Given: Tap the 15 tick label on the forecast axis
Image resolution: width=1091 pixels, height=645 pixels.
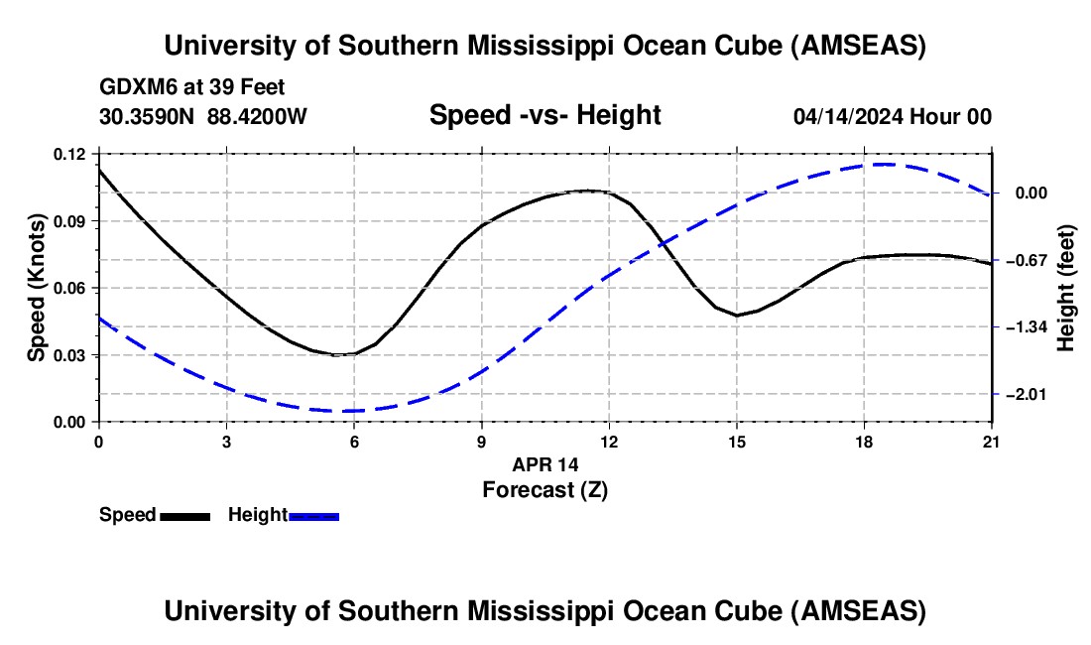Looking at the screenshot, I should click(x=737, y=443).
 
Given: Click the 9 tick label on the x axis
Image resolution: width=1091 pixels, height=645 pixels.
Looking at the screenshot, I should click(x=482, y=443).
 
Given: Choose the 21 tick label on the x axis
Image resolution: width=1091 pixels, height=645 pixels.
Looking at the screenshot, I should click(x=992, y=443).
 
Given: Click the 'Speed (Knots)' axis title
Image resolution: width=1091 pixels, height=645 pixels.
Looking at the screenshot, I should click(x=37, y=288).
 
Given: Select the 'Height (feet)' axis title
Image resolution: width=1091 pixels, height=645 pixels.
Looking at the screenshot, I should click(x=1066, y=288).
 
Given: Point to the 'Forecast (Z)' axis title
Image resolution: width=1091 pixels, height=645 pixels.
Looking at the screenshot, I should click(x=545, y=489).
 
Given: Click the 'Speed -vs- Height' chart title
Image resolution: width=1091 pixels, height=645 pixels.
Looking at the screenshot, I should click(x=545, y=116).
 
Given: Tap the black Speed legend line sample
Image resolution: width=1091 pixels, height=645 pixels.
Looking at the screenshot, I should click(x=184, y=516).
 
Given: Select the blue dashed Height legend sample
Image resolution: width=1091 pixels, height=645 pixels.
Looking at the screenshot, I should click(x=314, y=516).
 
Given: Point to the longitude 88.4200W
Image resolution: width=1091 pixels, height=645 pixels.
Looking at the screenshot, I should click(x=257, y=116).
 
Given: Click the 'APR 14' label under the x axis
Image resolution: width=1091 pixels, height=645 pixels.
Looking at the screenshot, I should click(x=545, y=464).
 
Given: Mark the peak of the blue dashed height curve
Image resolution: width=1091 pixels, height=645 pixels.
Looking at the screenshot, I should click(x=886, y=165).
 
